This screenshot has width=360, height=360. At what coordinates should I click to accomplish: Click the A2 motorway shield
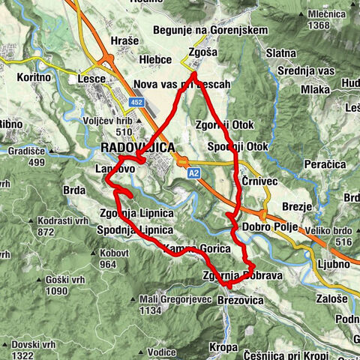[194, 172]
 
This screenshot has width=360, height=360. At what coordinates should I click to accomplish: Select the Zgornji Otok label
[223, 124]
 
